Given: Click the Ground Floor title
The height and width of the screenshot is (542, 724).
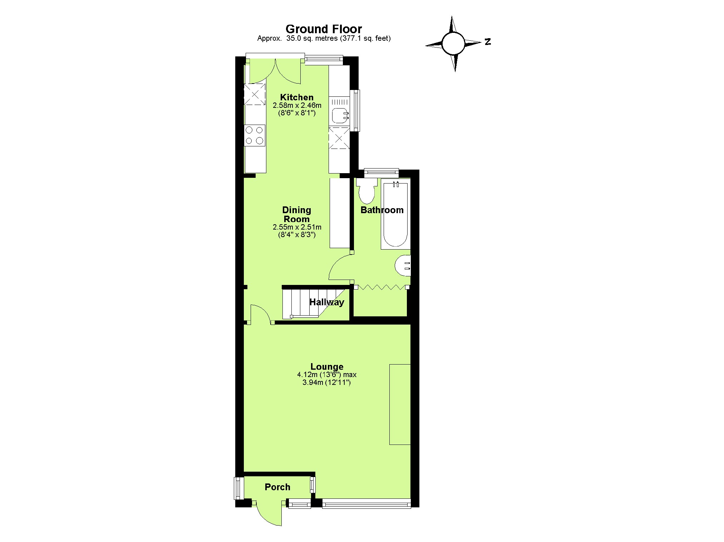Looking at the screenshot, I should point(324,29).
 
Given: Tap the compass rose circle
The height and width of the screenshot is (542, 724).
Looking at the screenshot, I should point(453,43).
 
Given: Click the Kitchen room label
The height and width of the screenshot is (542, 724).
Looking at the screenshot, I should point(297,97).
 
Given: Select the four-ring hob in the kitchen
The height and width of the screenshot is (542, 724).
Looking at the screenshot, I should point(255,135).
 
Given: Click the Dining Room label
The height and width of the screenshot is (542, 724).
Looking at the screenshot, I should point(296,214).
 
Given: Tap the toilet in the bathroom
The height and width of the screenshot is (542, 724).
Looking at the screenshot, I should point(366,192).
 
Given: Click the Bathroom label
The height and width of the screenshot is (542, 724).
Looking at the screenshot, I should point(382,210).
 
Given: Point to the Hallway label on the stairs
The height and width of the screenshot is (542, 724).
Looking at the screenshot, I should point(326,302).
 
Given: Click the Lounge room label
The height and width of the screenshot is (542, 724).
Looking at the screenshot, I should point(327,366).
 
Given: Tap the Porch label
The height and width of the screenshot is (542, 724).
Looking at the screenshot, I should point(277,487).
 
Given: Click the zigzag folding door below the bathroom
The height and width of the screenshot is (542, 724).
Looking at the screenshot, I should point(381,287).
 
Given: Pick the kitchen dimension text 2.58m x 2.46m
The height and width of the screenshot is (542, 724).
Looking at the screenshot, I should point(297,106).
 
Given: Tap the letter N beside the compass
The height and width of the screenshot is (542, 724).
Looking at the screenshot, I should point(488,42).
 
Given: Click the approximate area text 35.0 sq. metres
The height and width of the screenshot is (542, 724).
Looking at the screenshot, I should point(324,39).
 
